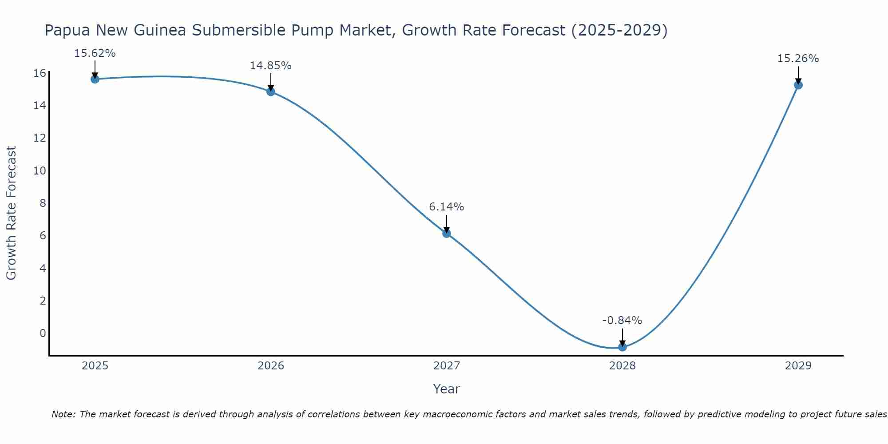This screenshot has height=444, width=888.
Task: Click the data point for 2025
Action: pos(95,79)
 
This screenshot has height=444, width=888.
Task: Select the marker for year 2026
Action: pos(271,91)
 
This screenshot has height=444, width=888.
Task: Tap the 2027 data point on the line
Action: pos(447,233)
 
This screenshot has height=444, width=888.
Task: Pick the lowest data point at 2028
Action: pos(622,347)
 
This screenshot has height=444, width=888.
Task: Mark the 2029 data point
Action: pos(798,85)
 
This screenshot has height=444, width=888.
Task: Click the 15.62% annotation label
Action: pos(95,53)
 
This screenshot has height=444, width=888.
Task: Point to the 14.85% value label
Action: pos(271,66)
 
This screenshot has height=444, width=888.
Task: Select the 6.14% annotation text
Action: pos(447,207)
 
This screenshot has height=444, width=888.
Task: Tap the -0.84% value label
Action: pos(622,321)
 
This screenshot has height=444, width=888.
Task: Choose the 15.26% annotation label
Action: pos(798,59)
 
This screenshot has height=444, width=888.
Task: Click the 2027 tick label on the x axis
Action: pos(447,366)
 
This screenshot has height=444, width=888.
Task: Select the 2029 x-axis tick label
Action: pos(798,366)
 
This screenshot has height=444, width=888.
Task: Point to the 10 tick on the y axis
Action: pos(40,171)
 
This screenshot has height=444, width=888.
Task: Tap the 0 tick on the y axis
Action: pos(43,333)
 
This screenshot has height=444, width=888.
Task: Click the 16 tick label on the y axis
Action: pos(40,73)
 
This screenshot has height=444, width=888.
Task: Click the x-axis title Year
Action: pos(447,389)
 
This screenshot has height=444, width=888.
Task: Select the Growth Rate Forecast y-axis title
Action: pos(12,213)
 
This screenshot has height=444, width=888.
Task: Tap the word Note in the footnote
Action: pos(63,414)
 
